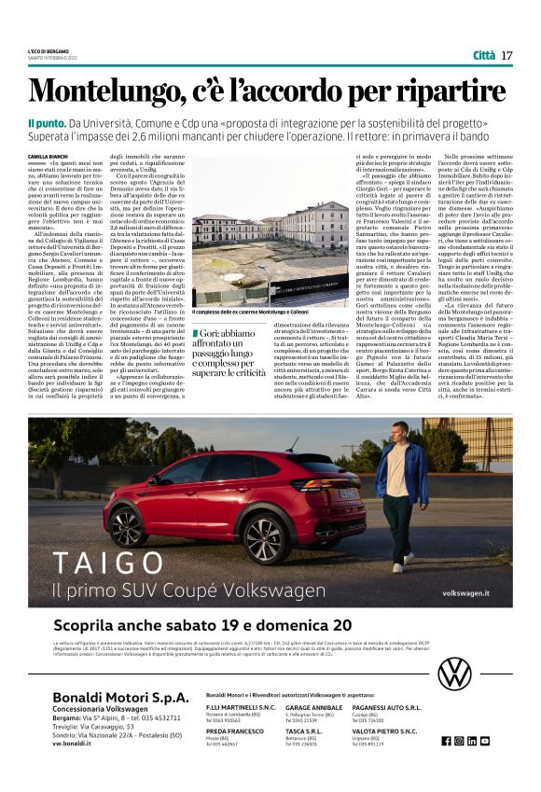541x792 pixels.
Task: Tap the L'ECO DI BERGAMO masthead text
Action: [x=48, y=49]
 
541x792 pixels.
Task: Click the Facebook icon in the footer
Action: [x=447, y=741]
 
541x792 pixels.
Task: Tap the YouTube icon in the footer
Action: [x=484, y=741]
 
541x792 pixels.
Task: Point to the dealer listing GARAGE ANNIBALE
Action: [x=313, y=708]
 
